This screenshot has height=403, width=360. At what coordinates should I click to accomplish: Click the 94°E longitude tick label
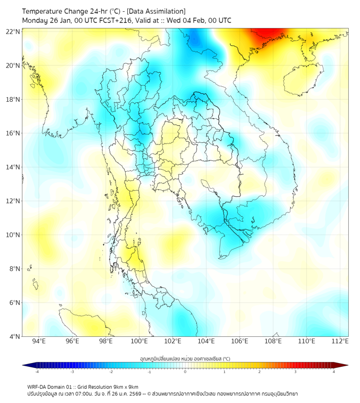tap(39, 342)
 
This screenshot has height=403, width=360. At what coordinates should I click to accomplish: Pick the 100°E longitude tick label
tap(139, 342)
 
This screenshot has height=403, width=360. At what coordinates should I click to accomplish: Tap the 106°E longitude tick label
tap(240, 342)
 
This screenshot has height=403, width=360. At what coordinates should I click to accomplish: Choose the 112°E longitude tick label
tap(340, 342)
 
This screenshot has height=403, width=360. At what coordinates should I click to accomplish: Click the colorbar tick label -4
tap(36, 372)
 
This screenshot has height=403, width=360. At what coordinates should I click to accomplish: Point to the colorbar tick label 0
tap(185, 372)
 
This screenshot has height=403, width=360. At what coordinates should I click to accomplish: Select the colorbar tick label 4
tap(333, 372)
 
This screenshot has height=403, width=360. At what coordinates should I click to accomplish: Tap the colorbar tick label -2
tap(111, 372)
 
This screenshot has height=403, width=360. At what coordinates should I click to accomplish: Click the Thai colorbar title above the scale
tap(185, 358)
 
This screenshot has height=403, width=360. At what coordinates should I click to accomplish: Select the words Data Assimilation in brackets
tap(158, 11)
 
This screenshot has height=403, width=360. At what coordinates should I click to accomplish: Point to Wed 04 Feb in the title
tap(184, 20)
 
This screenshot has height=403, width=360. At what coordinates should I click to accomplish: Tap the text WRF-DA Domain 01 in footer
tap(51, 386)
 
